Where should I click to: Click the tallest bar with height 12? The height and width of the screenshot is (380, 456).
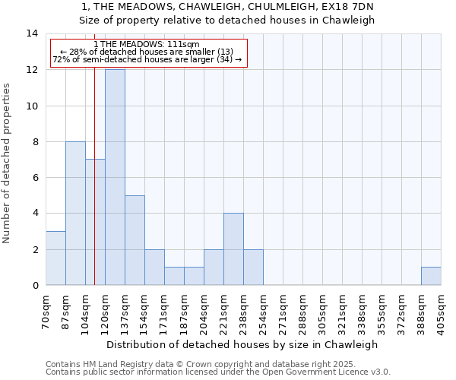(115, 177)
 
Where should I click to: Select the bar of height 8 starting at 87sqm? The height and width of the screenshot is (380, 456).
(75, 213)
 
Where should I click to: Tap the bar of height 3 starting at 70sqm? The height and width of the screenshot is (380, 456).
(55, 258)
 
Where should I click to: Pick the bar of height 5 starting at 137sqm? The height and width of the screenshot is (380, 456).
(135, 240)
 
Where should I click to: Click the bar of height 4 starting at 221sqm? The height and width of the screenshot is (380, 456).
(233, 249)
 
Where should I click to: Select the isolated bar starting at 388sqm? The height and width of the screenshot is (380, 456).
(431, 276)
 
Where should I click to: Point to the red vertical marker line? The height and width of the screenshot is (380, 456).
(94, 190)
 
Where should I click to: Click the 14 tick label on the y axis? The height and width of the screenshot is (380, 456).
(32, 33)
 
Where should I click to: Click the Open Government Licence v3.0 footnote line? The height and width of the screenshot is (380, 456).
(218, 372)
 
